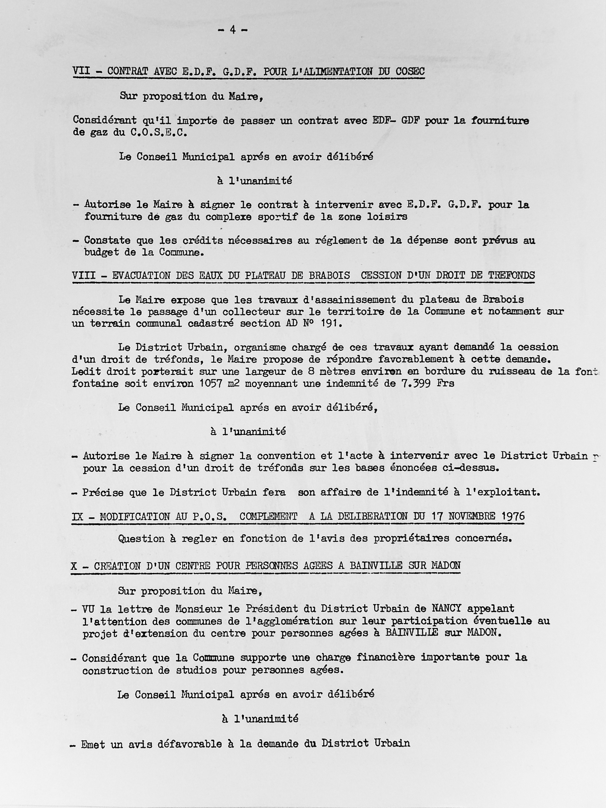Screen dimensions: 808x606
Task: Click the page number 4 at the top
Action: (232, 31)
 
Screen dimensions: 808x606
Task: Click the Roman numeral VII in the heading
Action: (81, 71)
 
